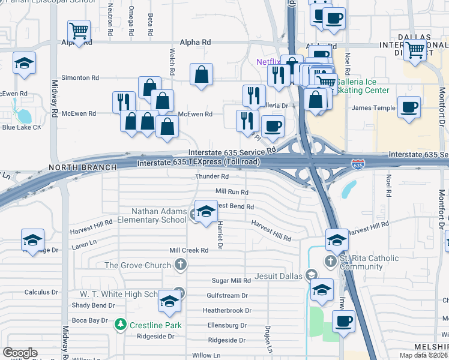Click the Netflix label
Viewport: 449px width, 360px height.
268,62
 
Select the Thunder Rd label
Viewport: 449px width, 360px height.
212,177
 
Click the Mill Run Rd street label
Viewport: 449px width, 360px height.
232,192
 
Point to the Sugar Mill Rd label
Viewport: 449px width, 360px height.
232,281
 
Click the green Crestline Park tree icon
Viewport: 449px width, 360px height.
120,325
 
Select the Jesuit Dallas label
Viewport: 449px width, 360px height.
278,275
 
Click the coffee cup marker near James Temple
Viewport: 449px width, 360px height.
409,108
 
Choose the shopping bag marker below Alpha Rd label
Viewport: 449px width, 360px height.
202,75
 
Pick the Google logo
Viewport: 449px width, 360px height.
20,353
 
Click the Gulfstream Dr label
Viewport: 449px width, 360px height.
227,296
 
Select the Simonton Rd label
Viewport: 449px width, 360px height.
80,78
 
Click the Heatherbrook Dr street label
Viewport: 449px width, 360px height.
227,311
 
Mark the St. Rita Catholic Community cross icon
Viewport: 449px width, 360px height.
330,262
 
